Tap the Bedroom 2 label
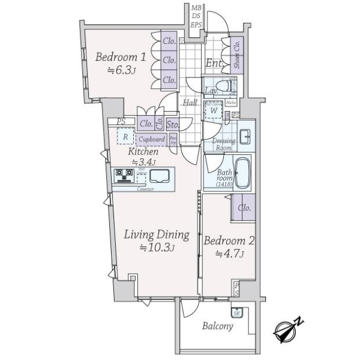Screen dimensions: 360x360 coord(230,241)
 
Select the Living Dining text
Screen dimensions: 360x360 coord(157,235)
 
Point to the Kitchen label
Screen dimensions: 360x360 coord(143,152)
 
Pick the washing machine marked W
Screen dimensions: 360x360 coord(214,110)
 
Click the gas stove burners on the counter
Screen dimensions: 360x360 coord(124,175)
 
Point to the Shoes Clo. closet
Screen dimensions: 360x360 coord(236,55)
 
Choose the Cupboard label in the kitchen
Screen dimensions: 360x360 coord(151,139)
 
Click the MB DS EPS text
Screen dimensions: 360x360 coord(196,16)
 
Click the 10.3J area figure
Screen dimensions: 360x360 coord(157,248)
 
